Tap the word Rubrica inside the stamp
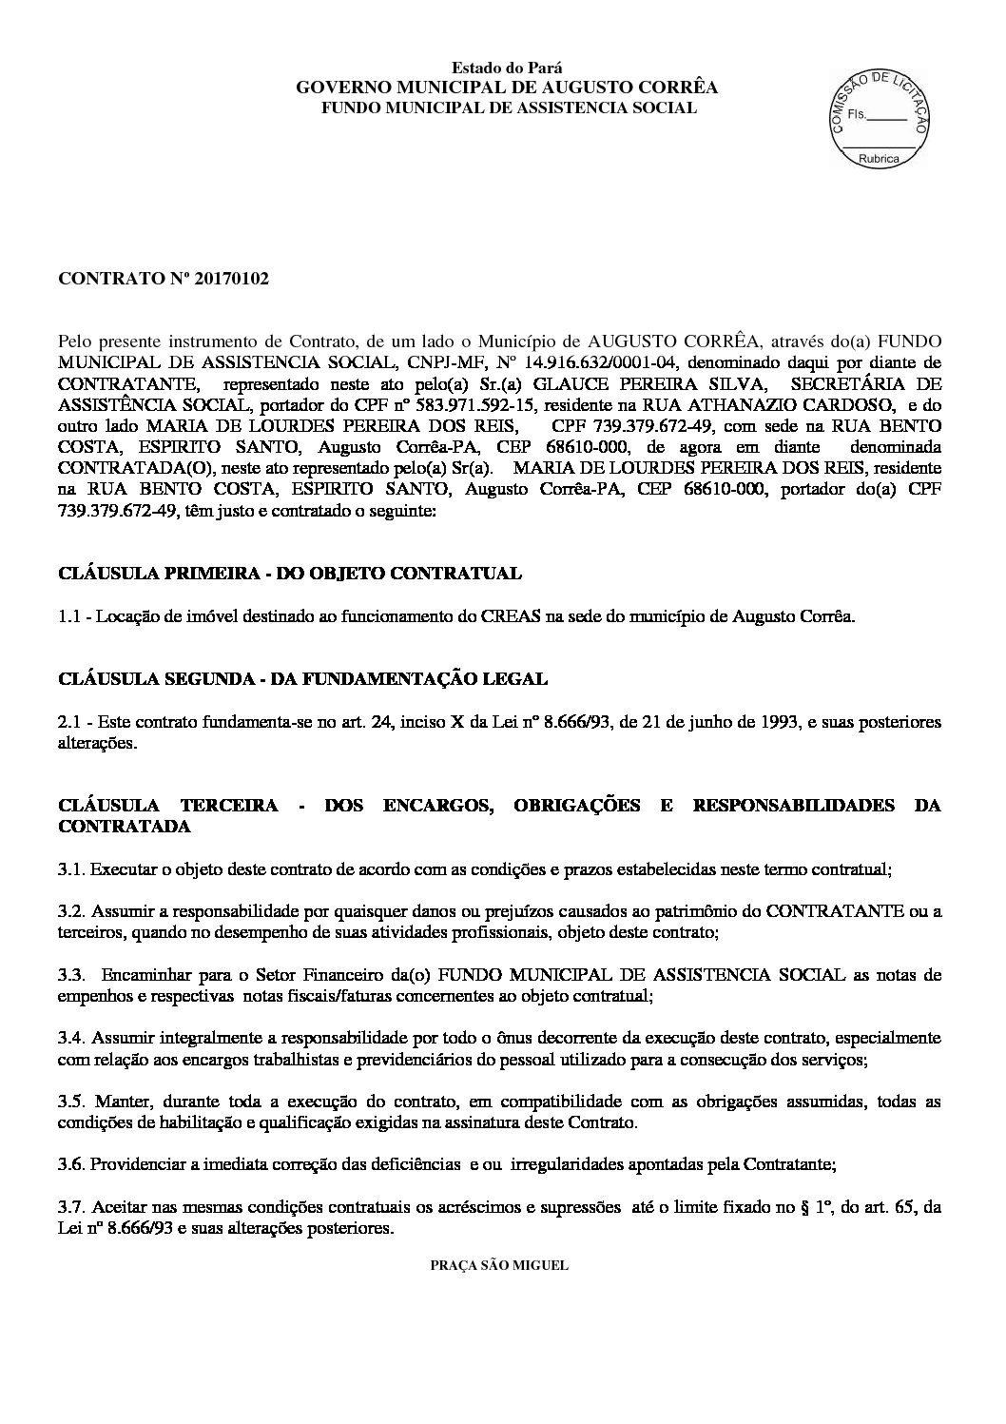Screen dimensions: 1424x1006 (x=878, y=160)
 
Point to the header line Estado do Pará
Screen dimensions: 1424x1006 (x=507, y=68)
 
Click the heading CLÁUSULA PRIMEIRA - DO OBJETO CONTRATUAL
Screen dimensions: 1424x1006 (x=290, y=574)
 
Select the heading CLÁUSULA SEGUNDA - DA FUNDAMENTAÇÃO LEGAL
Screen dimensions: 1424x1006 (x=302, y=679)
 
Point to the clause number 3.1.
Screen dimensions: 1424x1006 (x=71, y=868)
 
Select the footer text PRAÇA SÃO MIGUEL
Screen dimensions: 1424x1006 (x=499, y=1266)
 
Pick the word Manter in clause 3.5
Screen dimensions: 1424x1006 (x=123, y=1102)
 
